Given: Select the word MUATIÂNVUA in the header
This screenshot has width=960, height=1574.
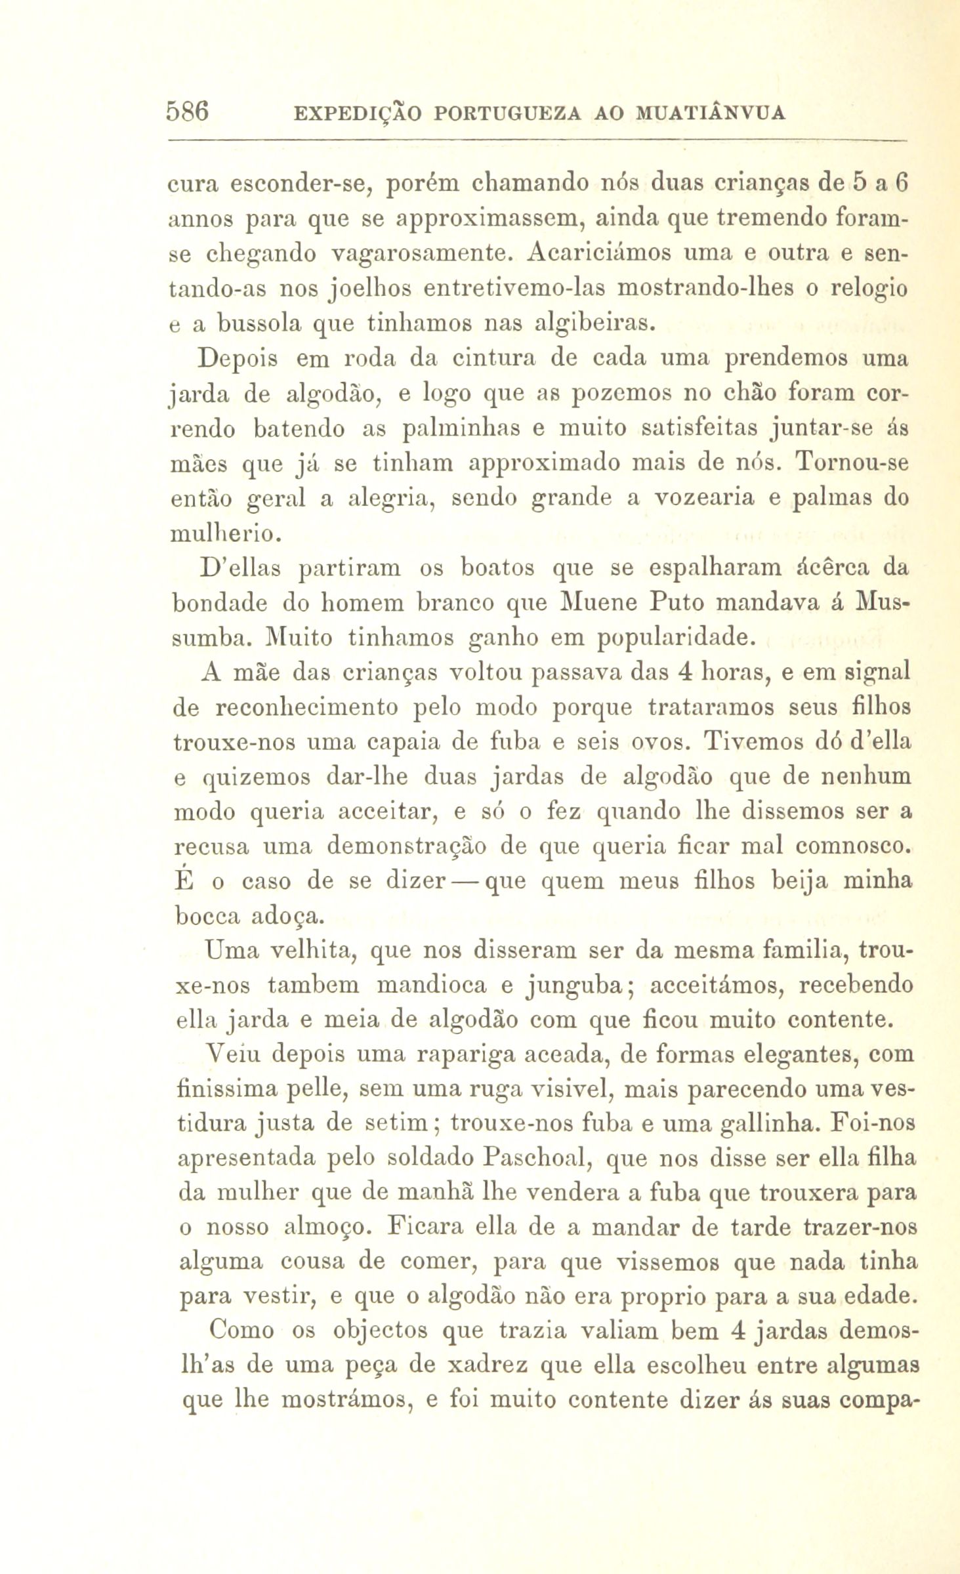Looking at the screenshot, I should pos(711,114).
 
